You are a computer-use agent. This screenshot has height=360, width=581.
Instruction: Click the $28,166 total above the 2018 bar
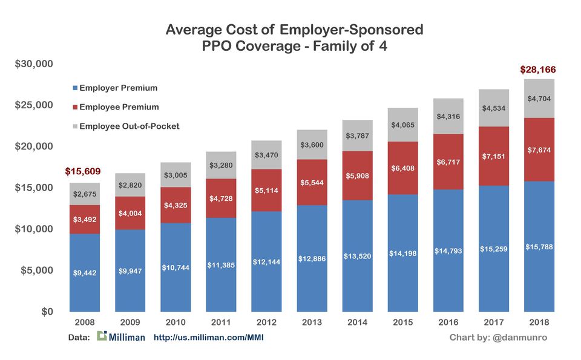point(538,70)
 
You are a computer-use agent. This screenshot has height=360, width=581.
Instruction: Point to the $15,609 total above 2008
point(84,172)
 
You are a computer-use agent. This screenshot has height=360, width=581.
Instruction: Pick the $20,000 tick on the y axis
point(34,146)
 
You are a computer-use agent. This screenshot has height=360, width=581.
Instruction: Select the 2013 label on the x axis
point(312,322)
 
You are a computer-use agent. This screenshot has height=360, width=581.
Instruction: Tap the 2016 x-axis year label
point(448,322)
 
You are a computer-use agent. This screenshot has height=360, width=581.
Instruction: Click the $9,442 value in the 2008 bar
point(85,273)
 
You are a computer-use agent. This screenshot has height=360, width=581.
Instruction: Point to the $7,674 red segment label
point(539,149)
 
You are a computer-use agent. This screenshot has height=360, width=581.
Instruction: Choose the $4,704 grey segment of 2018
point(539,99)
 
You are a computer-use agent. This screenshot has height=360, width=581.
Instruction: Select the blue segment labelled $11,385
point(221,264)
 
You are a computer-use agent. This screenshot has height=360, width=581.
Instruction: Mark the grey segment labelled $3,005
point(176,175)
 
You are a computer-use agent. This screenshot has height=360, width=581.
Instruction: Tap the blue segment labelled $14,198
point(402,254)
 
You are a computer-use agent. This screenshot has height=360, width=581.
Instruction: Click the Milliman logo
point(121,336)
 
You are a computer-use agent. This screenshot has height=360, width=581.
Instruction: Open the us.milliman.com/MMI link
point(209,337)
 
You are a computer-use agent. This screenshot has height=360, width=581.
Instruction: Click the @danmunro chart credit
point(498,337)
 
